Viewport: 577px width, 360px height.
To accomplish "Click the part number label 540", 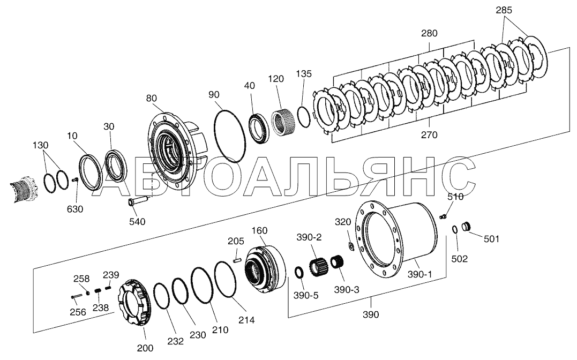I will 137,221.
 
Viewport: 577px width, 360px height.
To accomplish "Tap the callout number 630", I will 75,209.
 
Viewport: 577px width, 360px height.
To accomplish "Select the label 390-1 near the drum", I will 419,274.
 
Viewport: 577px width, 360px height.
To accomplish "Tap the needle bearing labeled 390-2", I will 319,266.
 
